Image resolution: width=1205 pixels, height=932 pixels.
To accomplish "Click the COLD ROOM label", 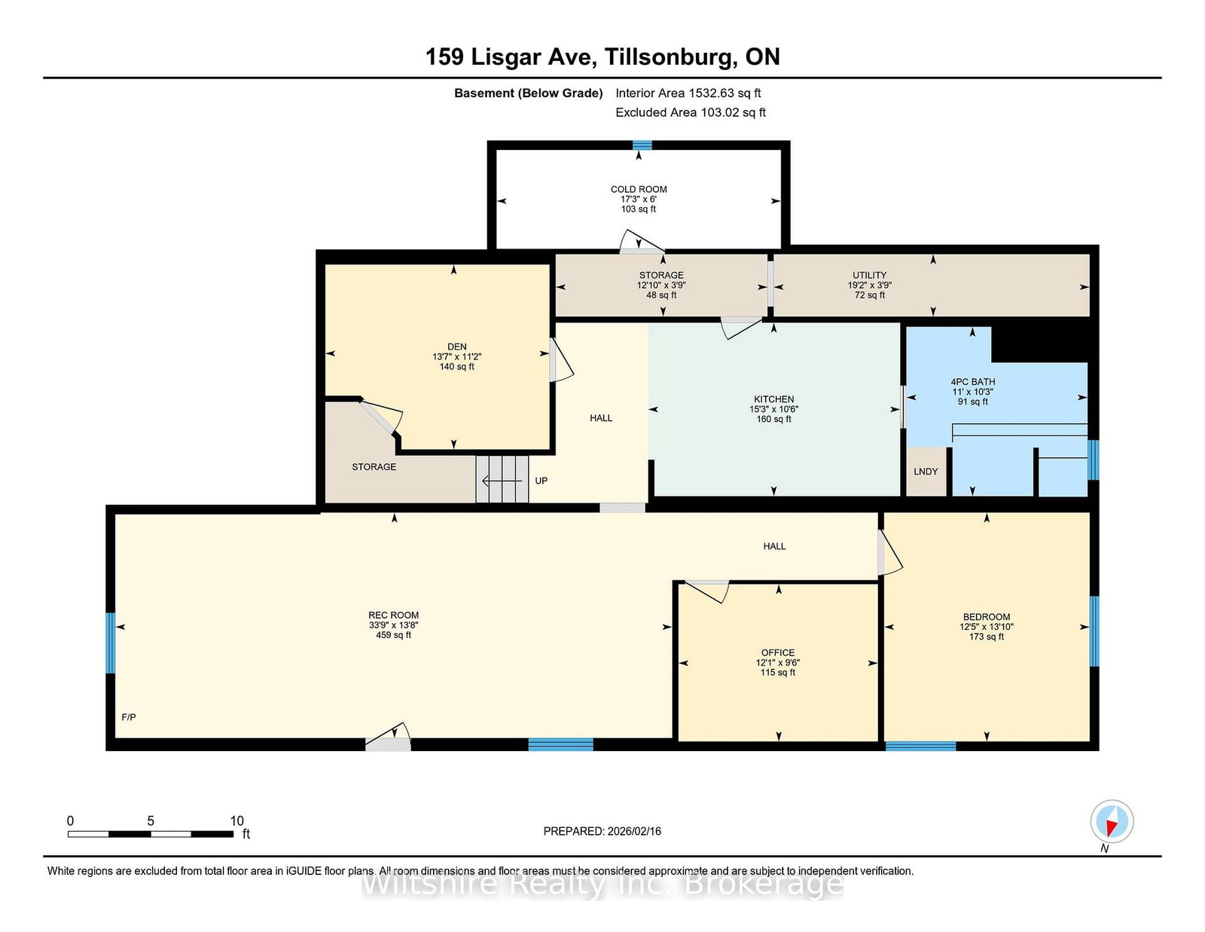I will [639, 189].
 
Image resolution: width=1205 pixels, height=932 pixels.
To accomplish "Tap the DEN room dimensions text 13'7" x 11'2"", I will [456, 357].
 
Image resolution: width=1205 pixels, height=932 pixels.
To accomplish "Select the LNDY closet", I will [926, 472].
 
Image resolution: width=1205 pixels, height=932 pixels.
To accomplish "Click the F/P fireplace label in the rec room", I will [129, 717].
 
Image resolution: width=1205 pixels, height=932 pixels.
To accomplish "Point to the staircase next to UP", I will [502, 479].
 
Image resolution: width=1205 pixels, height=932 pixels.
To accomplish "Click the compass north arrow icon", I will [1112, 821].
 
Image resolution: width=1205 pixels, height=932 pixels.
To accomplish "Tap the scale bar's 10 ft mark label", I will [236, 820].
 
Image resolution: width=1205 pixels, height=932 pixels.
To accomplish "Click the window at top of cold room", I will [642, 145].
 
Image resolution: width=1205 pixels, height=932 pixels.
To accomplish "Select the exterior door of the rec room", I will [389, 741].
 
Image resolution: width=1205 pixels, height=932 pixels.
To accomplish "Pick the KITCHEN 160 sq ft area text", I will [774, 420].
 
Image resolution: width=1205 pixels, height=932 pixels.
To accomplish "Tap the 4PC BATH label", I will [972, 382].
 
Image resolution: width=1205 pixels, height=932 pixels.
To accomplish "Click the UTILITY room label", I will [869, 275].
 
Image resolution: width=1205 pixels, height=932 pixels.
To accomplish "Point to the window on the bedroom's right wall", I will [1094, 631].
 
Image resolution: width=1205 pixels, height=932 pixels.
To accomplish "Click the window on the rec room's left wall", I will [111, 643].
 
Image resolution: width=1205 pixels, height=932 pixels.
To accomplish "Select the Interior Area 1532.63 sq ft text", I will [688, 93].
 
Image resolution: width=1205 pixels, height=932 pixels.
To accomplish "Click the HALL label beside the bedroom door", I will [774, 546].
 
